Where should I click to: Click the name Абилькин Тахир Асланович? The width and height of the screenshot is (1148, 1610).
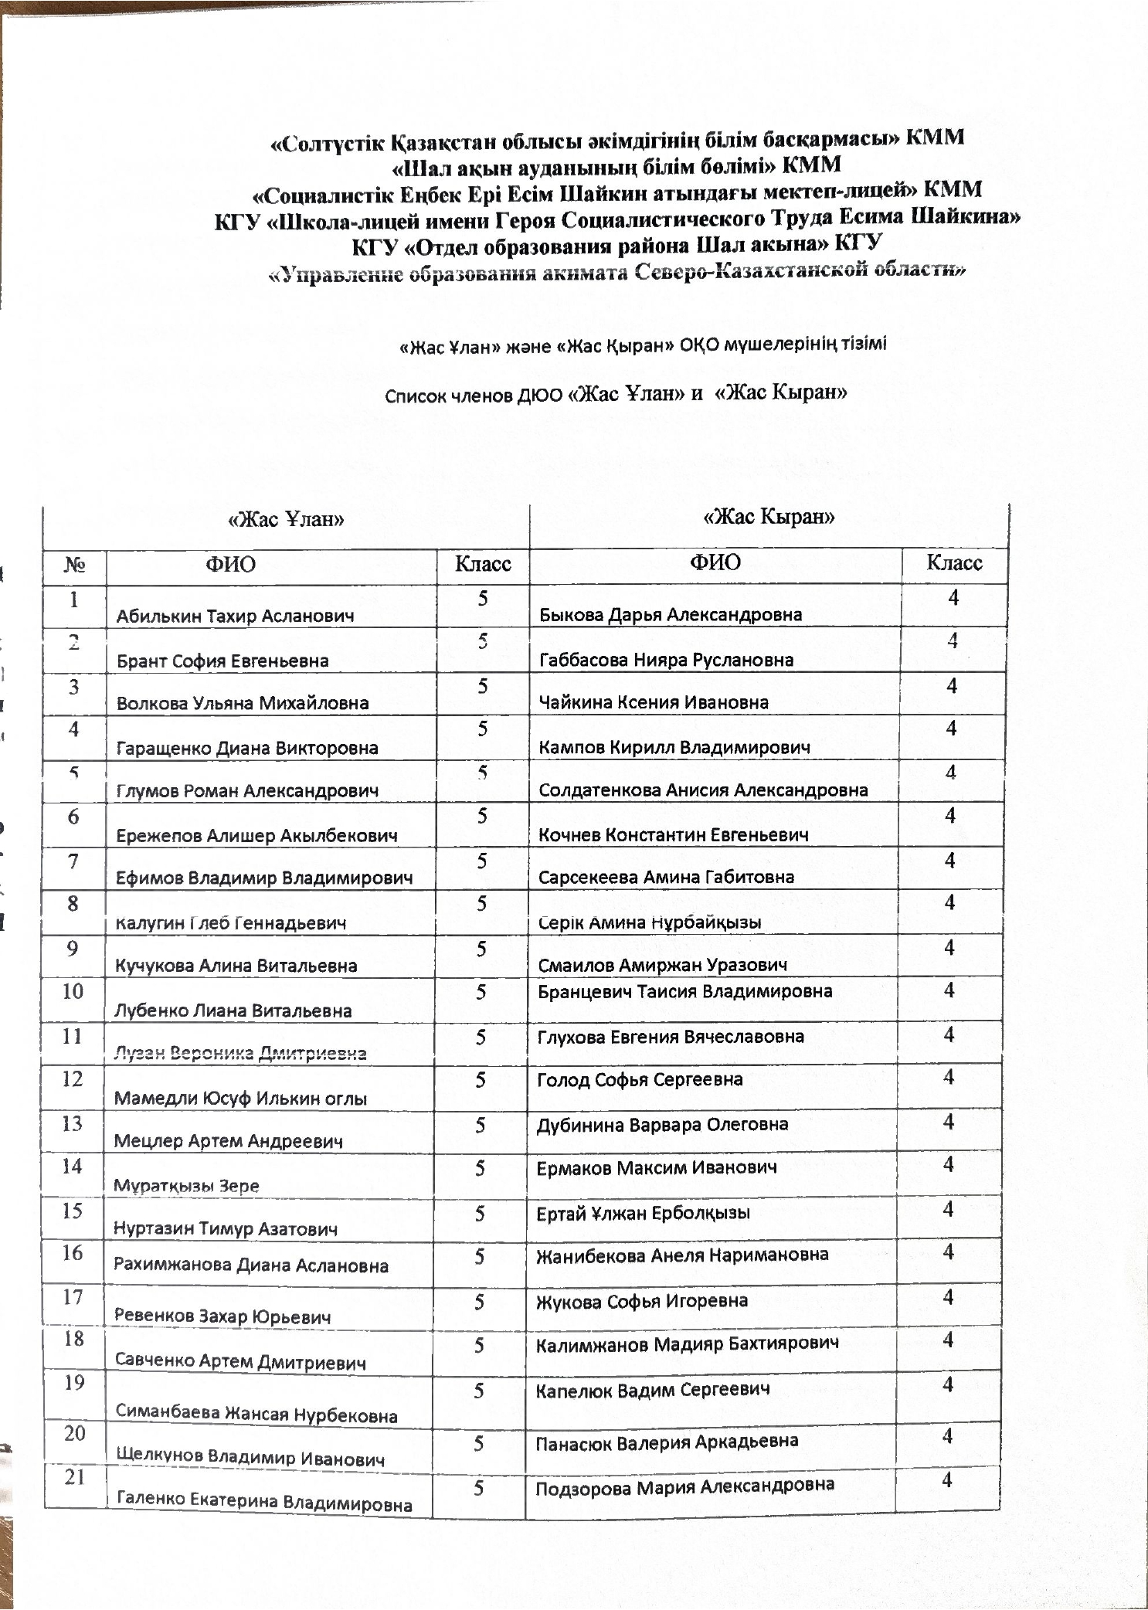pos(235,616)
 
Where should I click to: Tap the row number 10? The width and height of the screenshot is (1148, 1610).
pos(73,990)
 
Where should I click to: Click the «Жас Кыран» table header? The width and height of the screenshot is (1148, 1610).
pos(769,516)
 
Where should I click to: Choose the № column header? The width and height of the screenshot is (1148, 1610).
pos(74,565)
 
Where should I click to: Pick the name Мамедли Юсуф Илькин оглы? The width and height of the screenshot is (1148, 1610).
pos(240,1098)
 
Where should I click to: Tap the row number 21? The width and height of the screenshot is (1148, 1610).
pos(74,1477)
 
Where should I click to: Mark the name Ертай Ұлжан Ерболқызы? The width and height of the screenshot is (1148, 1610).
pos(643,1213)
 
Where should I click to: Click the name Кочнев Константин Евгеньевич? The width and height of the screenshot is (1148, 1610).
pos(674,834)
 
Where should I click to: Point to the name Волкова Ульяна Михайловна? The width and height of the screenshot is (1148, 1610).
pos(242,703)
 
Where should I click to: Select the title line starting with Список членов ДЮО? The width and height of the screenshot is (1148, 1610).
pos(616,394)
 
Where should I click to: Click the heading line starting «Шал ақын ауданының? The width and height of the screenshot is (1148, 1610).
pos(616,165)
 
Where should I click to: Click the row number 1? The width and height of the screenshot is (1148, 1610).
pos(74,599)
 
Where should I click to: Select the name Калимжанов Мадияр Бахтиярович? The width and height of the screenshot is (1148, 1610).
pos(687,1343)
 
